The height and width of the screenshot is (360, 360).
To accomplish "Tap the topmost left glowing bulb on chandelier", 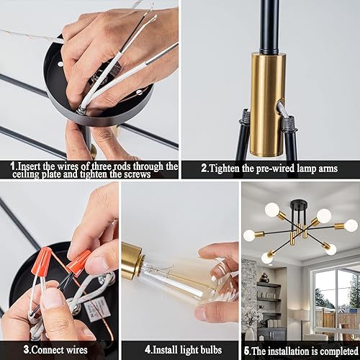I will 272,210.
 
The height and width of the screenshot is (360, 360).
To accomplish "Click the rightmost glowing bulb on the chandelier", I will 351,226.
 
